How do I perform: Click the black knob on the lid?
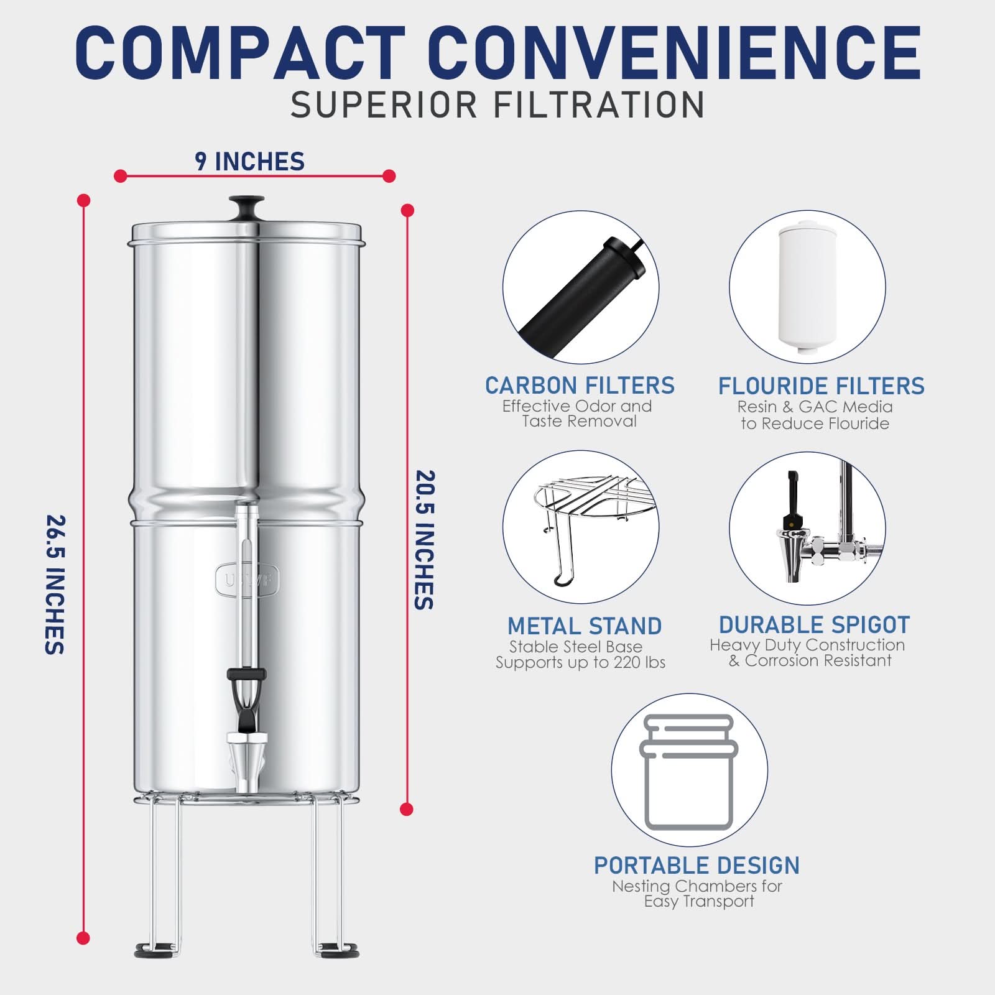246,205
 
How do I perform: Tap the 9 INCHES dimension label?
250,162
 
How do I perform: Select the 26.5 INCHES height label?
55,585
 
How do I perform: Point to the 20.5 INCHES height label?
424,540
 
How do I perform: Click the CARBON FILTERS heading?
580,386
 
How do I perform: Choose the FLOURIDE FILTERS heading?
821,386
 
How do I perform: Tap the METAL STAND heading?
585,626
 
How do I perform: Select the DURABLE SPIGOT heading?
814,624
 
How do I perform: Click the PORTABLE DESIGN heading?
696,865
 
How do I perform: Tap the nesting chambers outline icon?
688,771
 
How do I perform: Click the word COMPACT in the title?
239,53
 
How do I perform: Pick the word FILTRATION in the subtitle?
599,104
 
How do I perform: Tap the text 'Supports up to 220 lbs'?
580,662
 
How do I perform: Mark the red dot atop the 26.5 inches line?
83,200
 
